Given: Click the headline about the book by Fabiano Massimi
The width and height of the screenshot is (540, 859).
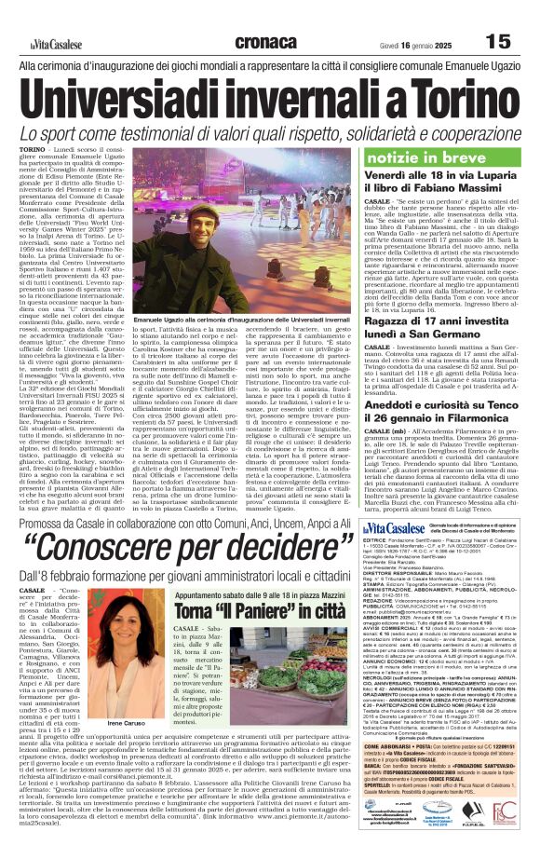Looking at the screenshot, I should [446, 189].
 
